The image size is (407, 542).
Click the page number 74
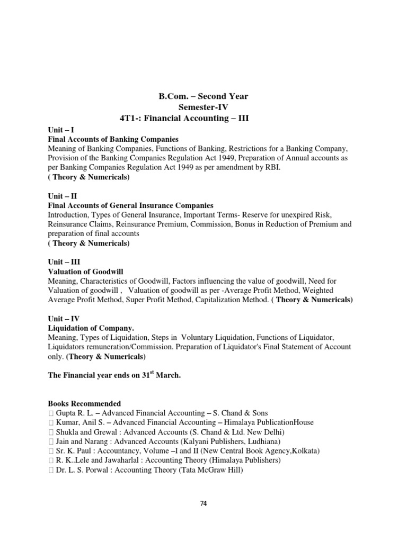click(203, 503)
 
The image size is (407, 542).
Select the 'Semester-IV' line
click(203, 106)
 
